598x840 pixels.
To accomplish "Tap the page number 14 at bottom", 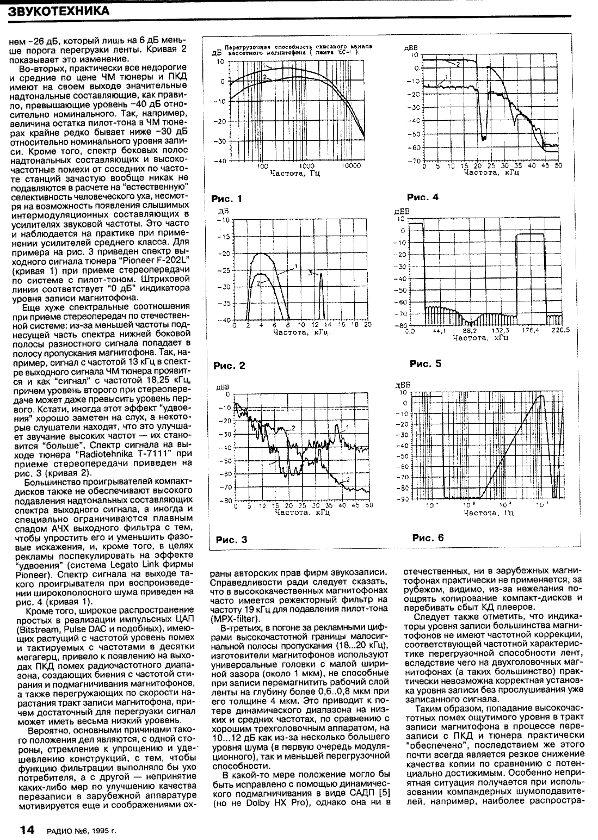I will coord(28,830).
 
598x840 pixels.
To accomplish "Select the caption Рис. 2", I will coord(227,366).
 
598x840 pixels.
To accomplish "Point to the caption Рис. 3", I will coord(232,540).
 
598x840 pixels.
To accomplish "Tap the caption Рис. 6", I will coord(428,538).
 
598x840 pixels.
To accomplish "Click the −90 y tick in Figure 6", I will coord(403,498).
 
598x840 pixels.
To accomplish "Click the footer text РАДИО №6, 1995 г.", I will coord(82,831).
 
